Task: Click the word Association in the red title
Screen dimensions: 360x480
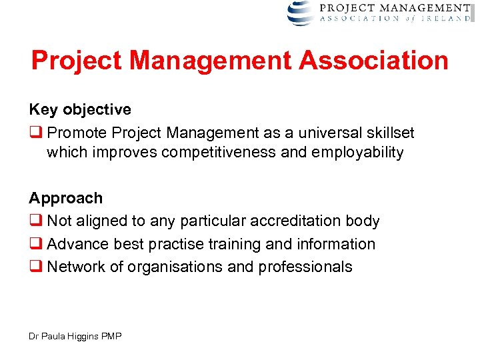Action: [x=373, y=61]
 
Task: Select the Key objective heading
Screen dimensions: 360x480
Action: [x=80, y=109]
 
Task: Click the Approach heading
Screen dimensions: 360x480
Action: [x=66, y=198]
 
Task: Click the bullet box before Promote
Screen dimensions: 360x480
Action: [x=34, y=131]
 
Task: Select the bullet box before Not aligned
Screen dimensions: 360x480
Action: [x=34, y=221]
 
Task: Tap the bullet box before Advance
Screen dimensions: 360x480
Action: [x=34, y=245]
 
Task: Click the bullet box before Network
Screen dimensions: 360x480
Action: [x=34, y=267]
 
